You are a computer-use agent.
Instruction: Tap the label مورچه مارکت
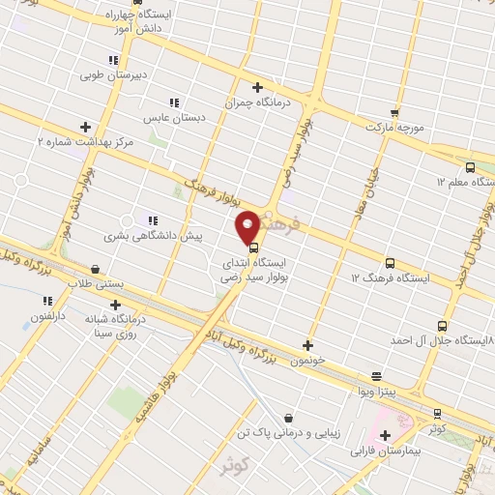point(395,127)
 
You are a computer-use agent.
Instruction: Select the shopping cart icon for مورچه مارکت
point(393,111)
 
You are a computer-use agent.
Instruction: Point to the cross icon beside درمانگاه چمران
point(257,86)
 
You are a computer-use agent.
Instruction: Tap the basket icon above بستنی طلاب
point(95,270)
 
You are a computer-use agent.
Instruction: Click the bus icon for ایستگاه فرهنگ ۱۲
point(390,263)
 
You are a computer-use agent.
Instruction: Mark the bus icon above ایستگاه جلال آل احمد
point(442,327)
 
